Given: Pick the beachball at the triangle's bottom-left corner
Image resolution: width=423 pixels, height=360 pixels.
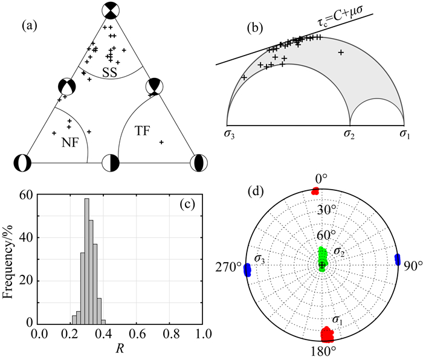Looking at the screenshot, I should point(22,162).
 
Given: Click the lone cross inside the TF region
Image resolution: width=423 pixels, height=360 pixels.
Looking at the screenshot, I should point(161,142).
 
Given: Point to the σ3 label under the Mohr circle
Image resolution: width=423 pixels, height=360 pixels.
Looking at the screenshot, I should point(230,133).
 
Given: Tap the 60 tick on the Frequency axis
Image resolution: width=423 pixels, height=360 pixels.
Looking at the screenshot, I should point(27,194).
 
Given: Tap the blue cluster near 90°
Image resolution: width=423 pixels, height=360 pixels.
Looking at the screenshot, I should point(397,259).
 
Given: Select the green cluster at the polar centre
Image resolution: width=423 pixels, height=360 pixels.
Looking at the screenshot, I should point(322,260).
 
